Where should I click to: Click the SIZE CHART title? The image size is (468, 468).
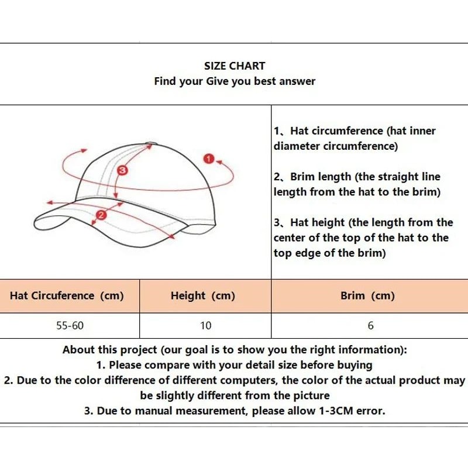click(235, 66)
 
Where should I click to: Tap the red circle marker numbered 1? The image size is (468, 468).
click(208, 159)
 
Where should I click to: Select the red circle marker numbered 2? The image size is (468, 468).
click(101, 215)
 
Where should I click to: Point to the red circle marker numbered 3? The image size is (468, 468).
click(122, 170)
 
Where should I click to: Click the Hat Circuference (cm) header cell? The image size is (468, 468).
click(67, 295)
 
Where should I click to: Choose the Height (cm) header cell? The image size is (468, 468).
click(203, 295)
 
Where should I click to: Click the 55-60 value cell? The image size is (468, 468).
click(70, 325)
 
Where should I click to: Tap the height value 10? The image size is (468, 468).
click(205, 325)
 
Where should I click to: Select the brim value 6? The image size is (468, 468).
click(370, 325)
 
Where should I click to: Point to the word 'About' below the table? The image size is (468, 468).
click(78, 350)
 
